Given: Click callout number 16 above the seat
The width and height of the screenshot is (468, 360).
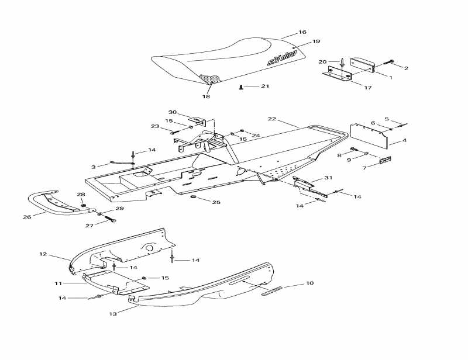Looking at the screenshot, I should tap(302, 32).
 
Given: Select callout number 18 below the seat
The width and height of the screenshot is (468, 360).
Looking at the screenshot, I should tap(206, 97).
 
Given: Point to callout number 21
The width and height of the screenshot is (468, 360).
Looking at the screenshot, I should tap(265, 86).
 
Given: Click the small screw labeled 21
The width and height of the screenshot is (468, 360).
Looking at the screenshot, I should tap(242, 88).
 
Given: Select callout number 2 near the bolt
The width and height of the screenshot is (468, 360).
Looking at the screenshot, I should tap(406, 68).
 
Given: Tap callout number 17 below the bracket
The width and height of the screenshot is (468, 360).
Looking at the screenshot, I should tap(367, 88).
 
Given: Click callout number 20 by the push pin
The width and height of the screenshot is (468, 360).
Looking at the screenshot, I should tap(322, 61).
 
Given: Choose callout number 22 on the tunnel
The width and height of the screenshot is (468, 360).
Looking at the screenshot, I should tap(271, 119).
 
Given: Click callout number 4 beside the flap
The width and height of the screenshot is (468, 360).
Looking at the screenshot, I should tap(404, 141).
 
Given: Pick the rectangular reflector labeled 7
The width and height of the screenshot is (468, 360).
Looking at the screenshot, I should tap(385, 160).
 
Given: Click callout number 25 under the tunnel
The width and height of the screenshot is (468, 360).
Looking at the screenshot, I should tap(216, 202).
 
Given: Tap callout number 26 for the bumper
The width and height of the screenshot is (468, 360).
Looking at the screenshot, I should tap(27, 217).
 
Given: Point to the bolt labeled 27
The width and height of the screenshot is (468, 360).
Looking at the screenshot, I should tap(110, 220).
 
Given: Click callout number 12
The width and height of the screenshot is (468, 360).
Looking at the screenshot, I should tap(43, 254).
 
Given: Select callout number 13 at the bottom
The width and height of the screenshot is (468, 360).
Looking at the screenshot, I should tap(113, 314).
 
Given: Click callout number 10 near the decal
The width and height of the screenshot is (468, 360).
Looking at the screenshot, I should tap(310, 283).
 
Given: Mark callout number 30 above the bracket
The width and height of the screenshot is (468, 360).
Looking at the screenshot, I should tap(173, 112).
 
